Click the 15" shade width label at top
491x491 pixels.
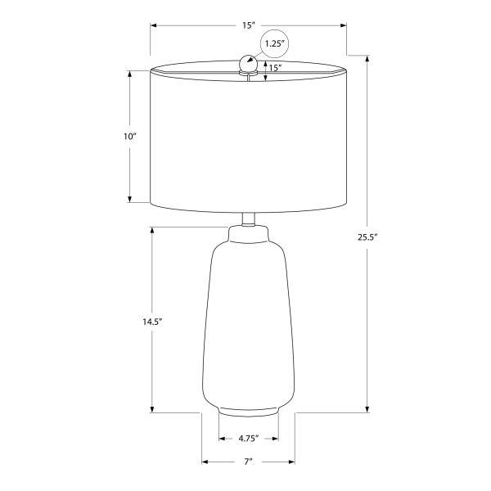[249, 25]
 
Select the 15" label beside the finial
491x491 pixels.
[275, 68]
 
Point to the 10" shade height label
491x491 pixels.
[130, 137]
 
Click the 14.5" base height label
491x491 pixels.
[152, 322]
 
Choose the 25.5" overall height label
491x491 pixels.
[367, 237]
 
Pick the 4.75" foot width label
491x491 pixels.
[249, 439]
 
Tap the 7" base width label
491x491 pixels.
[248, 462]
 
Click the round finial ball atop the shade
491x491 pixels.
[248, 64]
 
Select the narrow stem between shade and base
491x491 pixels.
[249, 218]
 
